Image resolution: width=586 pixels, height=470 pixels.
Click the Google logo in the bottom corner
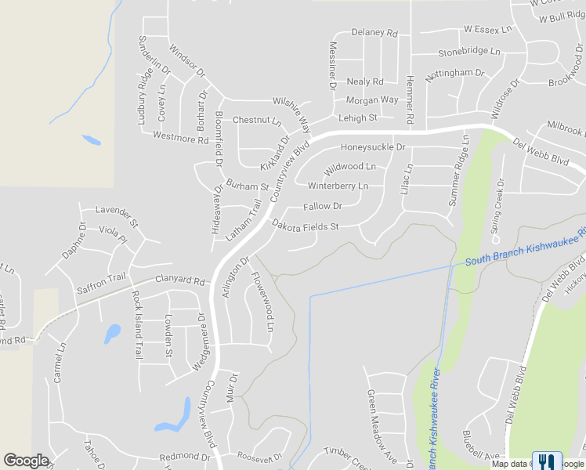click(26, 461)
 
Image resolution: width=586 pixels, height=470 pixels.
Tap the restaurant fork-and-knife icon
click(547, 461)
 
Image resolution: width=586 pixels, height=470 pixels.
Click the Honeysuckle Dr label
click(372, 147)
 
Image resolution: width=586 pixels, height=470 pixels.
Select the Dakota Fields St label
click(305, 226)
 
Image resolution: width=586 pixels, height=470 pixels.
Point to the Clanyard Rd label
click(179, 280)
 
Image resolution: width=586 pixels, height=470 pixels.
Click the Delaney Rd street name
click(374, 33)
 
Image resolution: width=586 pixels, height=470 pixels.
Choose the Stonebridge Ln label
click(468, 52)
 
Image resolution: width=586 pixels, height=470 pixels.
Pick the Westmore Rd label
click(180, 138)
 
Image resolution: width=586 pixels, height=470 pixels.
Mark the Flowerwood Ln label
click(262, 300)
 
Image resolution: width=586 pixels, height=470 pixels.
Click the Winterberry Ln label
click(338, 186)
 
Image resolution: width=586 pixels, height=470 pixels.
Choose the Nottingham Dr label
click(454, 73)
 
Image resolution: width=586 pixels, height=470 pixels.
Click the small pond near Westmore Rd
click(91, 141)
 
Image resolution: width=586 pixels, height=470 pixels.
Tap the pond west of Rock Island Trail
click(113, 333)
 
